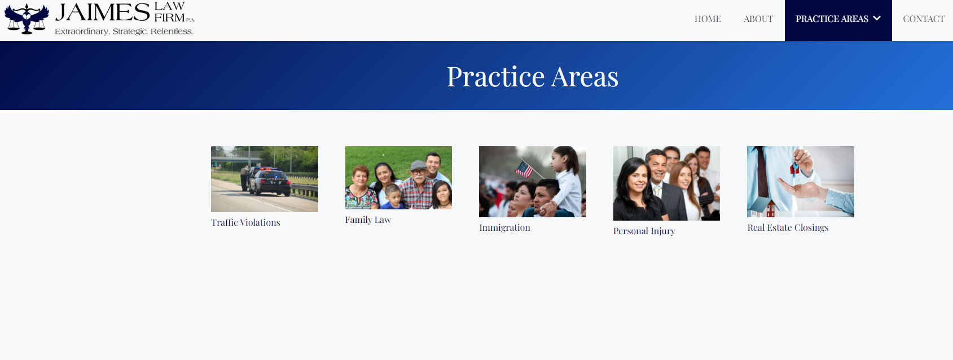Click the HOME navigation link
pyautogui.click(x=708, y=19)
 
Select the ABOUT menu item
pyautogui.click(x=758, y=19)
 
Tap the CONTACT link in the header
pyautogui.click(x=924, y=19)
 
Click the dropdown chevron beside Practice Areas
pyautogui.click(x=876, y=18)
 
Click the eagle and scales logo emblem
pyautogui.click(x=27, y=19)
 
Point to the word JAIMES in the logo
pyautogui.click(x=103, y=12)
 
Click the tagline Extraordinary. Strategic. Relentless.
pyautogui.click(x=124, y=32)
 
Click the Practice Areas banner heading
pyautogui.click(x=532, y=77)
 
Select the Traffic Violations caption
pyautogui.click(x=245, y=222)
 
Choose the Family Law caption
pyautogui.click(x=368, y=219)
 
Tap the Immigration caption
pyautogui.click(x=504, y=227)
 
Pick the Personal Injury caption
pyautogui.click(x=644, y=231)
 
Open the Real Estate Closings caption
pyautogui.click(x=788, y=227)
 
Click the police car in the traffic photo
pyautogui.click(x=269, y=181)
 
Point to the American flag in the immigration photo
pyautogui.click(x=524, y=169)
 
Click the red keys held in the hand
pyautogui.click(x=794, y=168)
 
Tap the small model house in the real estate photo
pyautogui.click(x=770, y=208)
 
